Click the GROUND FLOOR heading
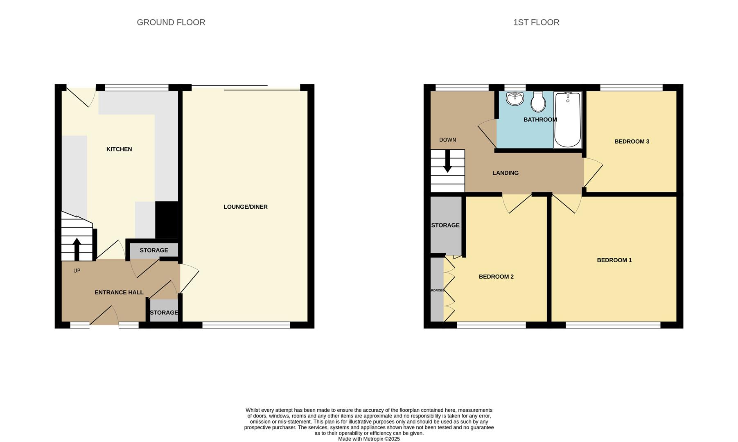point(171,23)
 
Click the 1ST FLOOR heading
point(536,23)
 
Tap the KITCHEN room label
point(119,149)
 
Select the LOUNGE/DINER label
point(245,207)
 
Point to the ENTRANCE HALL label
point(119,293)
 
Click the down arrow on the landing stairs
point(447,162)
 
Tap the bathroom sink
point(515,99)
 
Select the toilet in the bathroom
point(538,102)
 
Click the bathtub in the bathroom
point(567,120)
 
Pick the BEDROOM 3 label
point(632,142)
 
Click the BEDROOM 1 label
point(614,260)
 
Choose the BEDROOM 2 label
point(496,277)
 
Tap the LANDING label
point(505,173)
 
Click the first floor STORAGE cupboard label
point(445,226)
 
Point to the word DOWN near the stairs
point(447,140)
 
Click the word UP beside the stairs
point(77,271)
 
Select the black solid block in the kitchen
point(167,220)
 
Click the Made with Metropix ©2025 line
point(368,439)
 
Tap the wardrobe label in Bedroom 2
point(437,291)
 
